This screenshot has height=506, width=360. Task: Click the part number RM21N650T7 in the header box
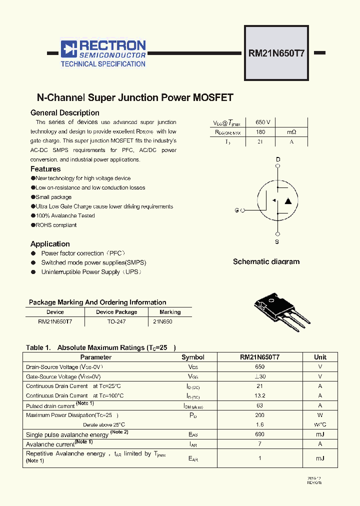tap(276, 52)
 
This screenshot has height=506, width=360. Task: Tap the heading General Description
tap(65, 113)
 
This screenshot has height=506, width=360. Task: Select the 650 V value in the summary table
tap(263, 122)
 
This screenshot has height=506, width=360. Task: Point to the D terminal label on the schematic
tap(278, 160)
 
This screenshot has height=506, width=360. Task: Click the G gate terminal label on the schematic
tap(236, 210)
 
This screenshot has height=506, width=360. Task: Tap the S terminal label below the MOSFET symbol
tap(277, 242)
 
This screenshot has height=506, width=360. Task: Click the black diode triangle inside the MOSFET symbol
tap(288, 201)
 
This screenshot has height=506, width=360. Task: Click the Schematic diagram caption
tap(266, 261)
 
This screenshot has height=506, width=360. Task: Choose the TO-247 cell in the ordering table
tap(116, 321)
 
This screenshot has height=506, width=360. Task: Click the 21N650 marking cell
tap(163, 321)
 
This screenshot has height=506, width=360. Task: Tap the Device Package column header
tap(116, 312)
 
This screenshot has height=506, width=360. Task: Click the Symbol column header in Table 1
tap(193, 357)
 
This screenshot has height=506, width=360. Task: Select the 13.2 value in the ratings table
tap(259, 395)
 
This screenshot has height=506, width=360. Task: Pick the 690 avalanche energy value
tap(259, 434)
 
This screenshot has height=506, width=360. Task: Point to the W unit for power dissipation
tap(320, 415)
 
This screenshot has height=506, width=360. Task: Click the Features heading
tap(45, 169)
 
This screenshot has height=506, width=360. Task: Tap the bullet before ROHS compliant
tap(33, 225)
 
